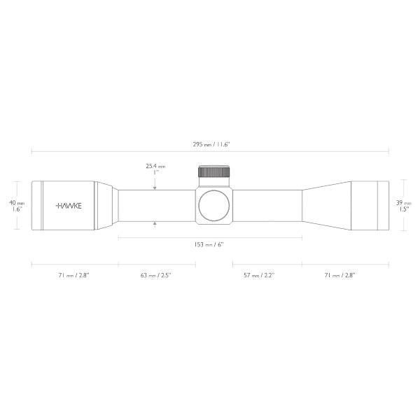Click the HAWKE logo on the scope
(x=66, y=206)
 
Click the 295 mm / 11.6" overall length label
(x=210, y=143)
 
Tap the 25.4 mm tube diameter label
(x=155, y=169)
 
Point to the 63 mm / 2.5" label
(x=155, y=275)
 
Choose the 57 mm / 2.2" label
(x=259, y=275)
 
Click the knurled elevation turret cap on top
(x=214, y=172)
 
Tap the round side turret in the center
(x=214, y=205)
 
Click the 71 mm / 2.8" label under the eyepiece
(x=73, y=275)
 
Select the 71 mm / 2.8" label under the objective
(x=340, y=275)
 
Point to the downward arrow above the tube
(x=155, y=187)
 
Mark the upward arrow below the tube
(x=155, y=223)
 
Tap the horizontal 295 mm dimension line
(x=105, y=150)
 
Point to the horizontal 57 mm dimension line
(x=267, y=265)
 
